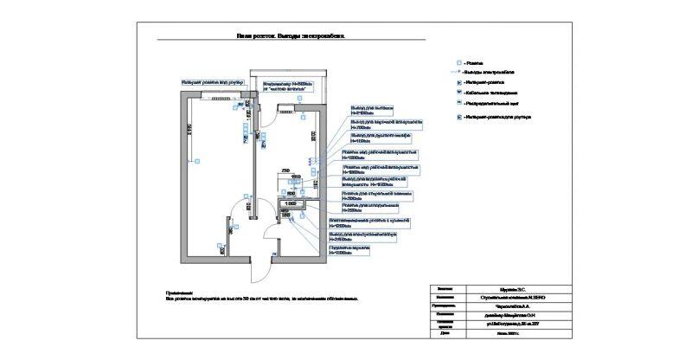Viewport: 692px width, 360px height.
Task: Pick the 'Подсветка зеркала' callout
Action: coord(349,248)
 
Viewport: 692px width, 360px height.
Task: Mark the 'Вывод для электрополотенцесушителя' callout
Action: coord(362,235)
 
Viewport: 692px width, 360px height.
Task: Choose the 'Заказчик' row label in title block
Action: coord(445,289)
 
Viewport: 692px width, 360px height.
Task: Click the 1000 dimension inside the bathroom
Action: coord(291,204)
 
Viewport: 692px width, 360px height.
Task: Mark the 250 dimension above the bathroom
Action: coord(285,171)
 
